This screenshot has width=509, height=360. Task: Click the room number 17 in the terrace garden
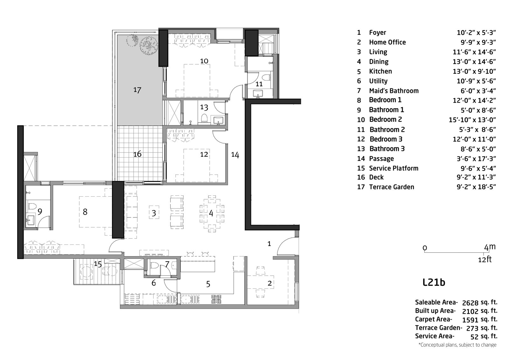pyautogui.click(x=137, y=90)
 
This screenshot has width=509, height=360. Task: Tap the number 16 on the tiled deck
pyautogui.click(x=137, y=154)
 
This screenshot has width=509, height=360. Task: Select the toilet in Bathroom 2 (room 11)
pyautogui.click(x=267, y=77)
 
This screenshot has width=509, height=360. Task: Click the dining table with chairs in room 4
pyautogui.click(x=212, y=213)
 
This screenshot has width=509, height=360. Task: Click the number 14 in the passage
pyautogui.click(x=235, y=155)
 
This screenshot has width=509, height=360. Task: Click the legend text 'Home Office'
pyautogui.click(x=387, y=42)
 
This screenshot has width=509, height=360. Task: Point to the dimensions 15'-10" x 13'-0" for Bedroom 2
pyautogui.click(x=472, y=120)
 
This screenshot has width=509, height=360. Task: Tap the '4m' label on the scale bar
pyautogui.click(x=490, y=247)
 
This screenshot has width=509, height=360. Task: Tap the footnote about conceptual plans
pyautogui.click(x=457, y=345)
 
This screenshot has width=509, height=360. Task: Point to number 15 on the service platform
pyautogui.click(x=98, y=264)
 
